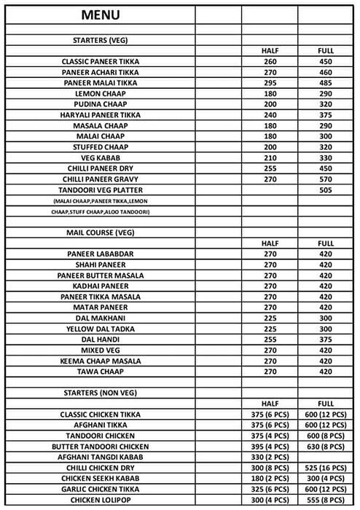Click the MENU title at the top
(100, 15)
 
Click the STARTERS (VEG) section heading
(100, 41)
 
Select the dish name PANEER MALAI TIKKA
(100, 83)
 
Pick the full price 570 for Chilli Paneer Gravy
(325, 178)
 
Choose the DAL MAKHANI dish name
(100, 318)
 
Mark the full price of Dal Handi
(325, 340)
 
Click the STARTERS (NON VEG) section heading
(100, 393)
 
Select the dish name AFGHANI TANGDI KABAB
(100, 455)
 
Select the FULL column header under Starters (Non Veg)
(325, 403)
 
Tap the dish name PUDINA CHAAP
(100, 104)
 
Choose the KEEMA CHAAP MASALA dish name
(100, 361)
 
